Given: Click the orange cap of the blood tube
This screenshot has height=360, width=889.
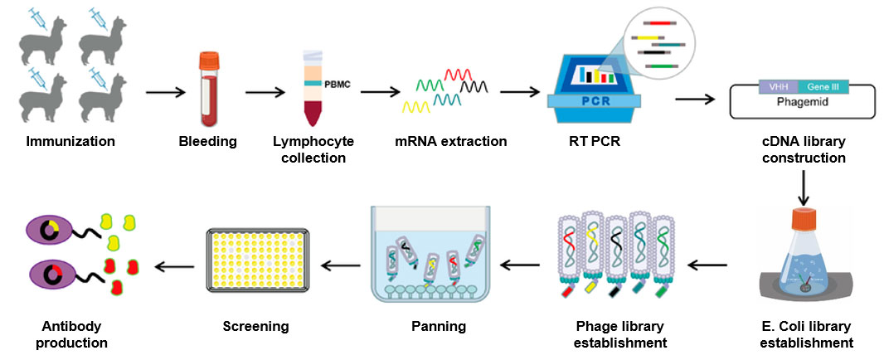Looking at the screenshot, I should (208, 60).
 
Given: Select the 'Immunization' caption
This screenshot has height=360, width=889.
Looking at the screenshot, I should (70, 142).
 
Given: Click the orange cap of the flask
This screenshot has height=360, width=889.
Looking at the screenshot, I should (802, 220).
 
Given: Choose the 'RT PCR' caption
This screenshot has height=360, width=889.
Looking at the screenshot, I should (590, 142).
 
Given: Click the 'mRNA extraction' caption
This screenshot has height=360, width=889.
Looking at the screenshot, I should (450, 142).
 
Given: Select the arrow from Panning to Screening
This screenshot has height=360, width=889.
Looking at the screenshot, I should (342, 266).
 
